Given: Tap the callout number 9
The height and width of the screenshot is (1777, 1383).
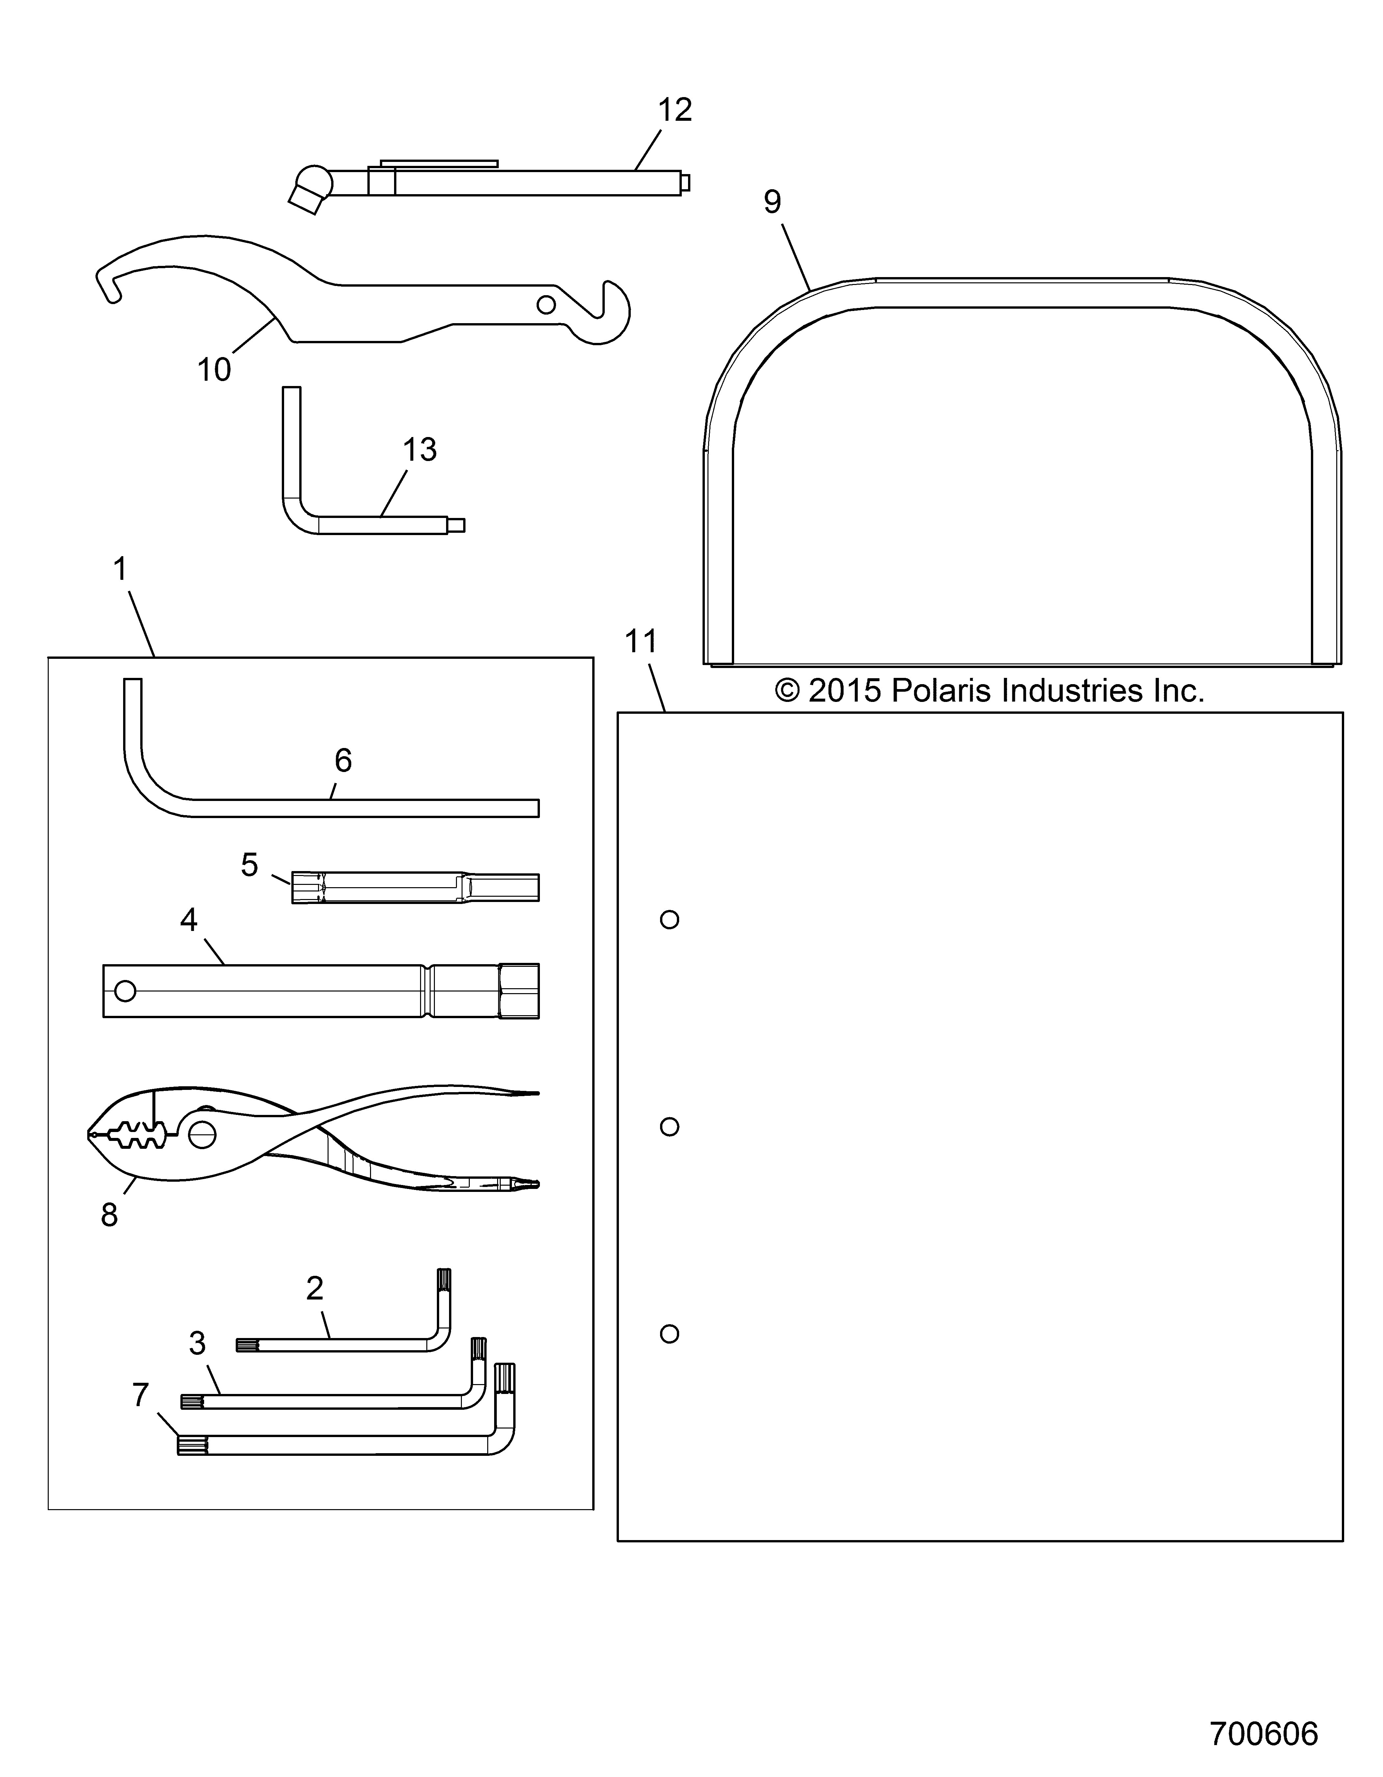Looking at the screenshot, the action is click(x=772, y=202).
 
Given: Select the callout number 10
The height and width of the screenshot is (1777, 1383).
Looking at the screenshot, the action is click(x=214, y=370).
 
